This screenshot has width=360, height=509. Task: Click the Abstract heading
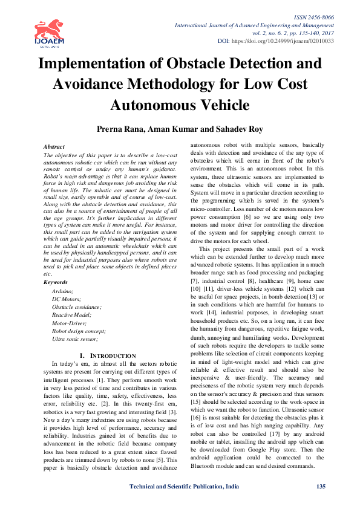pyautogui.click(x=54, y=147)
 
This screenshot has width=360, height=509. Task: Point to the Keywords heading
pyautogui.click(x=56, y=282)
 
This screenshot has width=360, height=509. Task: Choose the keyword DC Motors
pyautogui.click(x=67, y=299)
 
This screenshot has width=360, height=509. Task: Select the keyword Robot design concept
pyautogui.click(x=79, y=331)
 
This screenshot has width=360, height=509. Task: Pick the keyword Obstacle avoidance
pyautogui.click(x=76, y=307)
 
